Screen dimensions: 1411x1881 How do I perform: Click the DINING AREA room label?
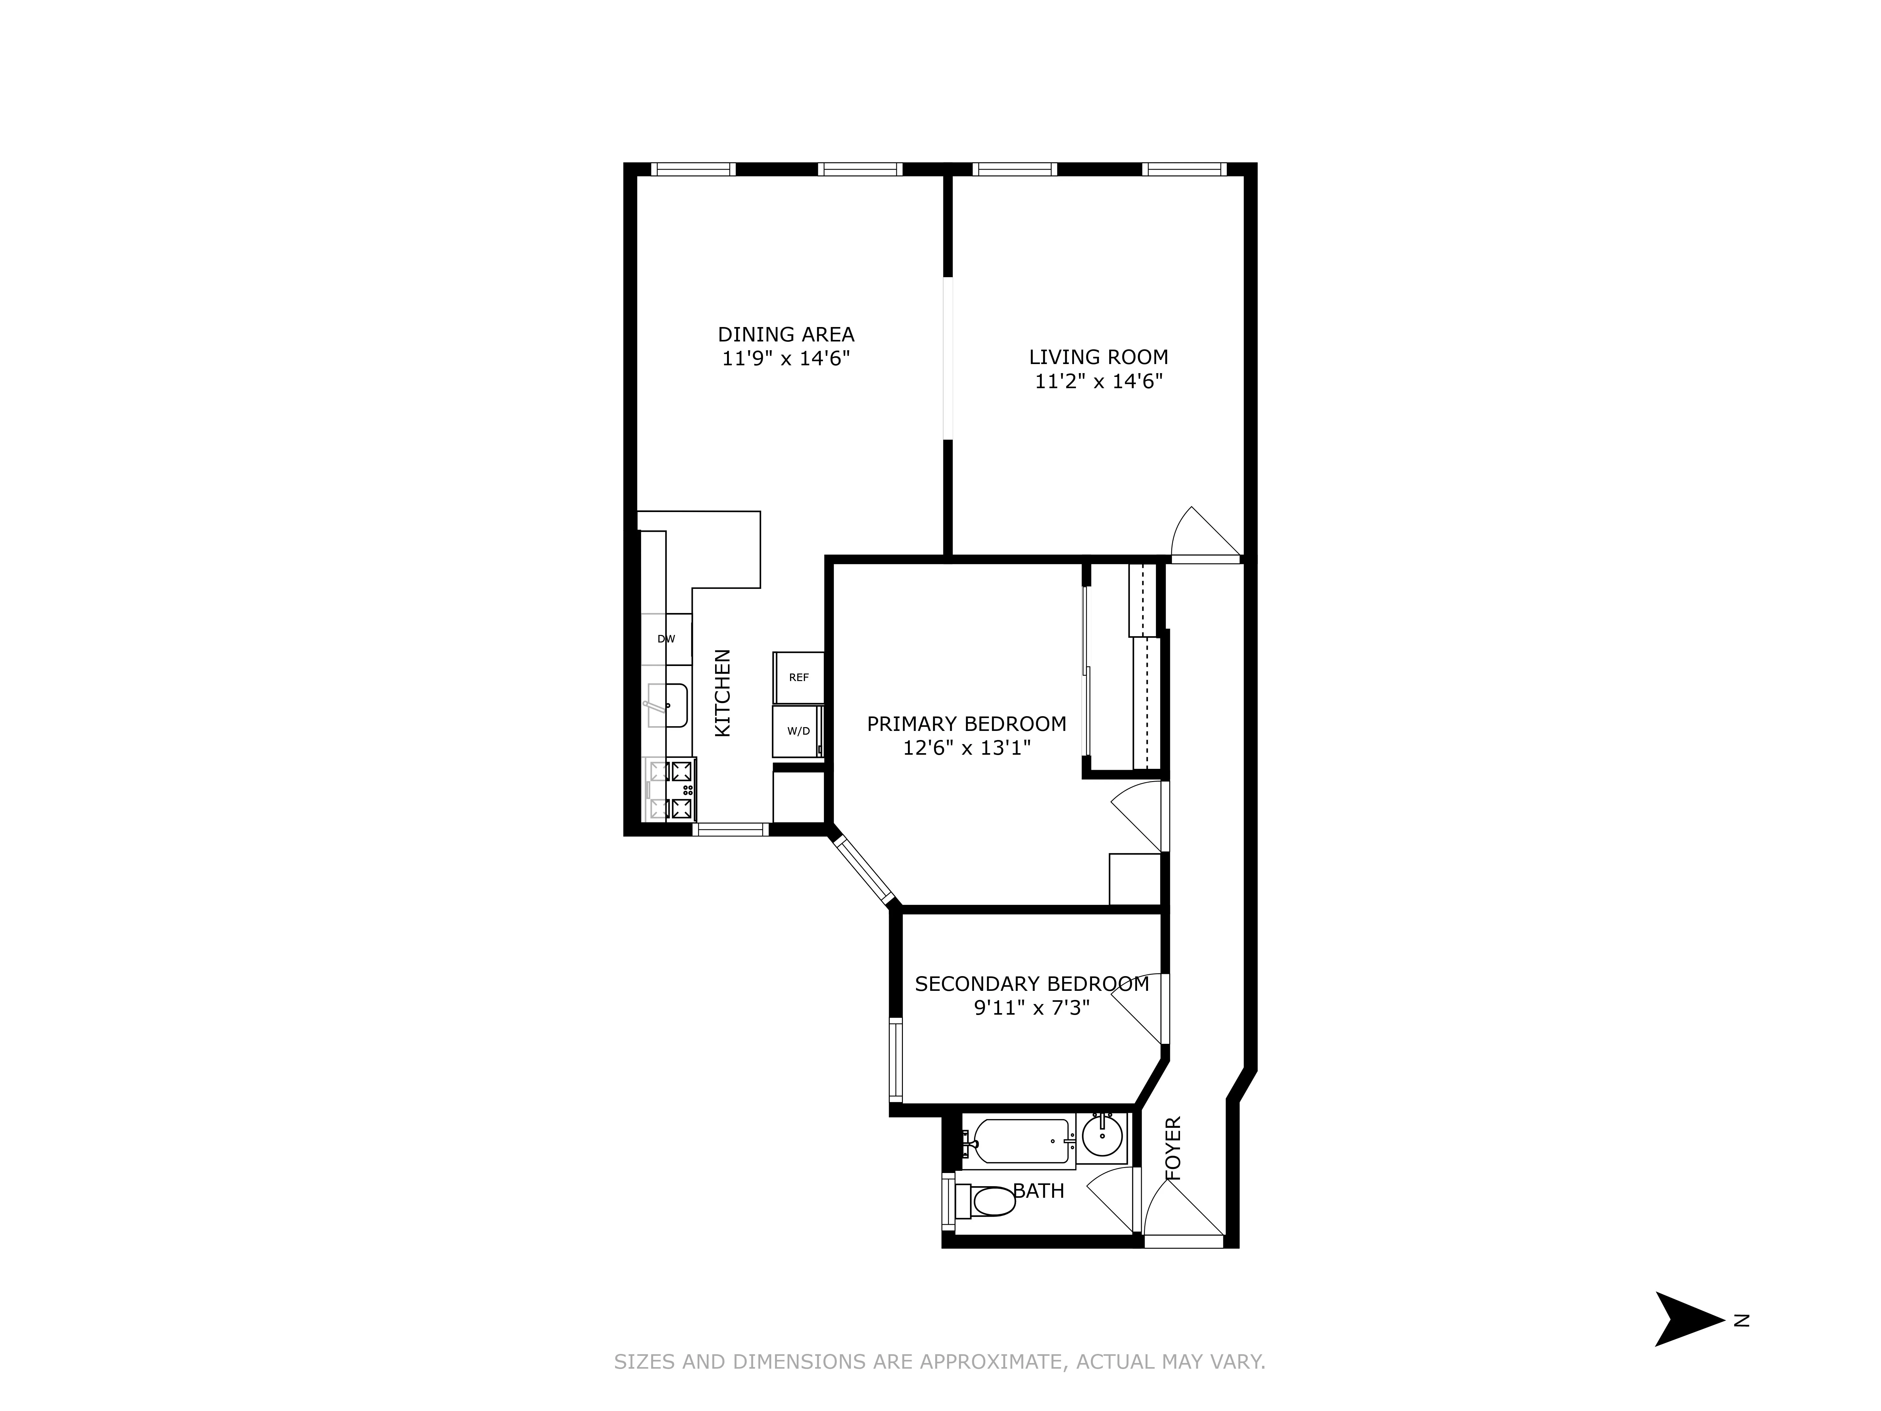coord(786,334)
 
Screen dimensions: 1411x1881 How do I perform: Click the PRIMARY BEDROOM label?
coord(966,724)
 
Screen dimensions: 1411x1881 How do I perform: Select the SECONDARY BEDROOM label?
coord(1031,984)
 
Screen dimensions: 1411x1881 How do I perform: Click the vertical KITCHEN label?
coord(722,693)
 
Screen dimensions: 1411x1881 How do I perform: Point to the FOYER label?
coord(1173,1148)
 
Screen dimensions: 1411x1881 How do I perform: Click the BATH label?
coord(1038,1191)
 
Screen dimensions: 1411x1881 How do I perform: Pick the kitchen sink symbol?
coord(667,705)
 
